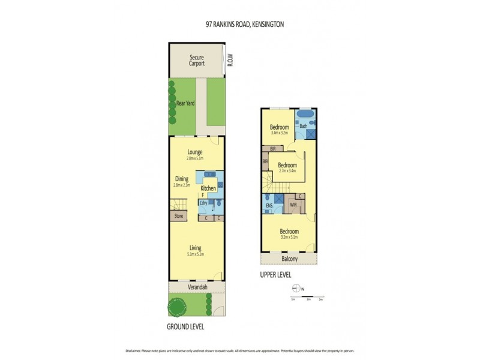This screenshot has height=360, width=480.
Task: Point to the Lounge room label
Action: (194, 152)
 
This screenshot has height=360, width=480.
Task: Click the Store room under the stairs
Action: (178, 216)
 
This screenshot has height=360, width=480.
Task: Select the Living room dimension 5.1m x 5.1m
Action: (195, 254)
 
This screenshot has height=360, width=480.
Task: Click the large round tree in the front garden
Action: (177, 308)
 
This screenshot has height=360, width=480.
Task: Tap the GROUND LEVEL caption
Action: (185, 327)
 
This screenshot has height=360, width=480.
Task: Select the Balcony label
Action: (289, 259)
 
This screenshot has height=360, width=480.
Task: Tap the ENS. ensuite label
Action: (269, 206)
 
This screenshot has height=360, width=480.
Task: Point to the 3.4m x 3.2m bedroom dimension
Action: (279, 133)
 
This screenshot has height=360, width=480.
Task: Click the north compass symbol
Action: (295, 289)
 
